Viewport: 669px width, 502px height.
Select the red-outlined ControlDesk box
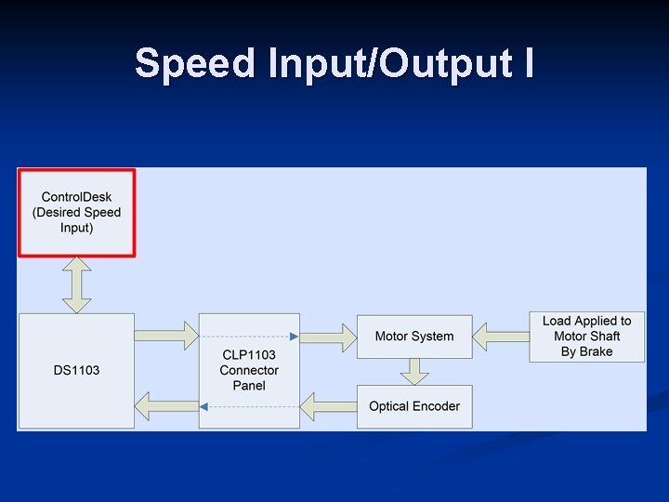[77, 212]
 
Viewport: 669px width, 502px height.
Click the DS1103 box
[76, 370]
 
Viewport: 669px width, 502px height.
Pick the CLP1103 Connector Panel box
[249, 370]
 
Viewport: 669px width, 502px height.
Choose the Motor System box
[414, 336]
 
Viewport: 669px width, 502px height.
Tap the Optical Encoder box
[414, 406]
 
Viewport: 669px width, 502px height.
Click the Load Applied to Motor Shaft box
[586, 336]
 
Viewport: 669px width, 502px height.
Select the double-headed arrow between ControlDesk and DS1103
[76, 284]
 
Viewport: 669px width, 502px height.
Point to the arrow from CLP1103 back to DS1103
[166, 405]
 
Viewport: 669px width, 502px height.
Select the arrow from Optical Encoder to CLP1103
[328, 406]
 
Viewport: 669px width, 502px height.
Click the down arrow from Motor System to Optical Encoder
[414, 370]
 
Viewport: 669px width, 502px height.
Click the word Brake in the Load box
[596, 351]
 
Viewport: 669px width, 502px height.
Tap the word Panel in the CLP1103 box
[249, 386]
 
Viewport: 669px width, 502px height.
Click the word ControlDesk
[77, 197]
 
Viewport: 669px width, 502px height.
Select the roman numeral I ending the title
[528, 63]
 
